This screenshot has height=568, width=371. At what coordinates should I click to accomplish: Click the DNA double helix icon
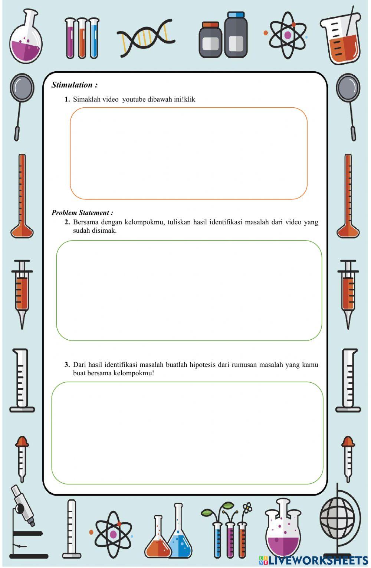click(145, 38)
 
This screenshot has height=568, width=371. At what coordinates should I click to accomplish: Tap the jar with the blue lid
click(236, 35)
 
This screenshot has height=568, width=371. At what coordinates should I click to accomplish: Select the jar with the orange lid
click(210, 40)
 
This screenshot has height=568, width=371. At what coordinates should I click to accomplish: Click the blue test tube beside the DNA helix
click(94, 38)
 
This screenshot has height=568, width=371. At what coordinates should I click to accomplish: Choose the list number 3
click(67, 365)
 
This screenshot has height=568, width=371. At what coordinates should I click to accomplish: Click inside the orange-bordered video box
click(188, 153)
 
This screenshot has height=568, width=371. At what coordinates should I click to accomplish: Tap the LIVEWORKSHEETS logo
click(313, 560)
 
